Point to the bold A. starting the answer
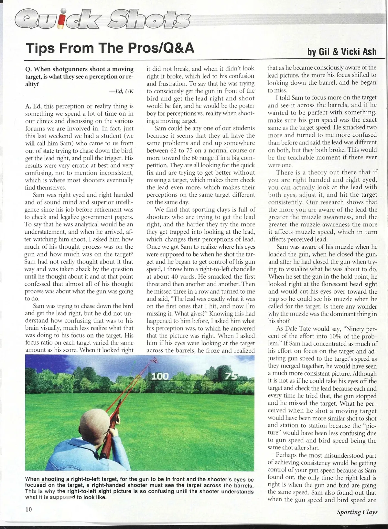click(28, 106)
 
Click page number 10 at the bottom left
click(29, 510)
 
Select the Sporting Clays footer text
click(357, 512)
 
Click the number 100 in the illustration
click(160, 376)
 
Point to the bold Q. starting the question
click(28, 69)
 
